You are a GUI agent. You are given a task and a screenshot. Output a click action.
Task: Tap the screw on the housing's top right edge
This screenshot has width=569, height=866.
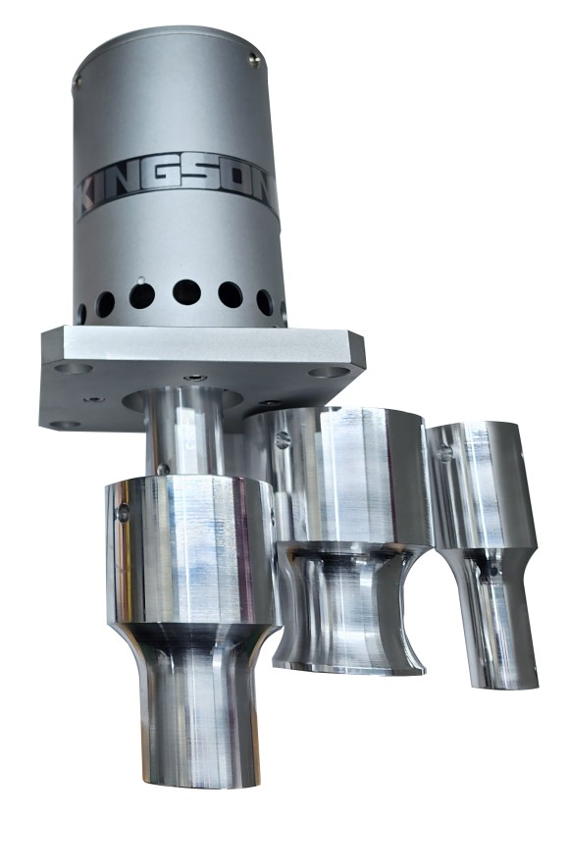253,60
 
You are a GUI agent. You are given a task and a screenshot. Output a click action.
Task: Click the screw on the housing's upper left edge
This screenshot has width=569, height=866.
78,81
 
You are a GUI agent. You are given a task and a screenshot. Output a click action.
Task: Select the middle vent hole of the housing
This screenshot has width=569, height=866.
186,292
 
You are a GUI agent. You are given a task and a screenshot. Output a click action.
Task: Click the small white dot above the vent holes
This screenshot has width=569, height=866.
141,280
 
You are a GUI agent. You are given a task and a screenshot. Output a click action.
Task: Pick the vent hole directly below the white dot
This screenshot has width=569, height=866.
142,296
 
